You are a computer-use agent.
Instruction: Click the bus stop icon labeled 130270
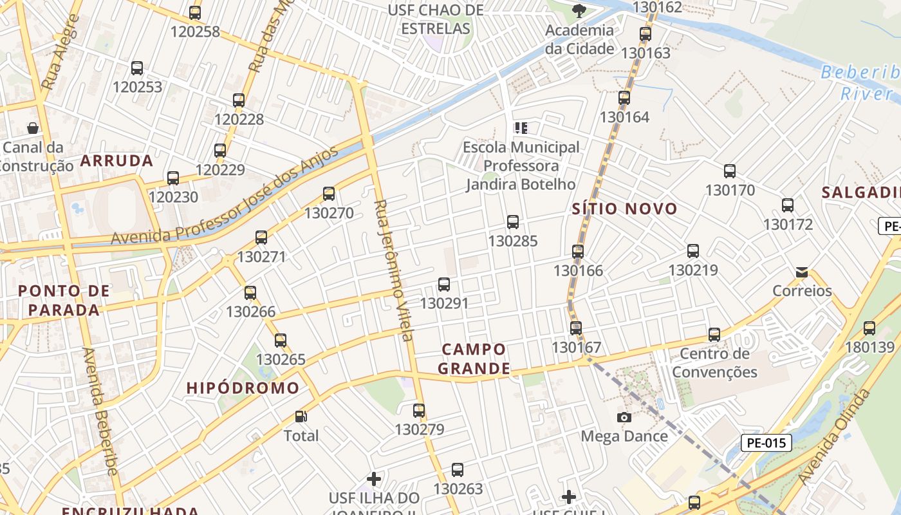[329, 193]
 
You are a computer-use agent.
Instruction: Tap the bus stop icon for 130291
[443, 284]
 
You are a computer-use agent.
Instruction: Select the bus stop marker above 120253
[136, 68]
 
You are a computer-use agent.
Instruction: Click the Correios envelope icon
[802, 272]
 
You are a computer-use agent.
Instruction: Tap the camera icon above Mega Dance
[624, 417]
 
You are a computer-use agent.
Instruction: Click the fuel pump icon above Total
[301, 417]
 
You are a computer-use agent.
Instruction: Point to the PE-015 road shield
[766, 443]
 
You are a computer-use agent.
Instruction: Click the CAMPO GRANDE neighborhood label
[476, 359]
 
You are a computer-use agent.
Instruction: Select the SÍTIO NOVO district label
[624, 209]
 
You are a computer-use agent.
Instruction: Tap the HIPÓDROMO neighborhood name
[243, 388]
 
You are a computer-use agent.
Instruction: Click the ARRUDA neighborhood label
[116, 161]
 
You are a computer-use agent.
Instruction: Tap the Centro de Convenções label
[714, 362]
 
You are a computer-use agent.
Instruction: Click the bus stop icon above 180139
[869, 328]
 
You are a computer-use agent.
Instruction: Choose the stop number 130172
[788, 225]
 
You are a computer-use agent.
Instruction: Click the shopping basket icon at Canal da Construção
[33, 128]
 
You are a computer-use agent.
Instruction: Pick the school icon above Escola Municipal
[521, 127]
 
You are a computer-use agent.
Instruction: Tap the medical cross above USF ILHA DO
[374, 479]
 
